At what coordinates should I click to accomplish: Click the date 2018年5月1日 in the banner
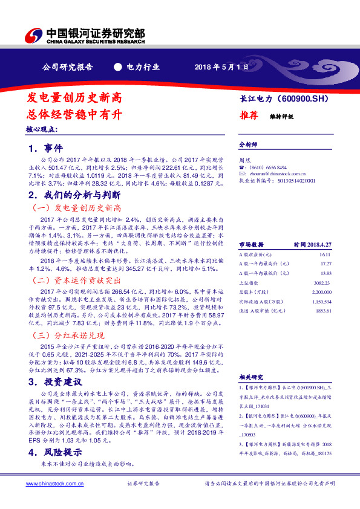221,67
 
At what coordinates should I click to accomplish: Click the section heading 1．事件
45,148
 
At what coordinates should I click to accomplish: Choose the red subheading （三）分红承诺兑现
68,335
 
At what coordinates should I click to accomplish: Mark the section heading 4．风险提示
56,452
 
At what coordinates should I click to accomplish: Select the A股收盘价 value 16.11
326,256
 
